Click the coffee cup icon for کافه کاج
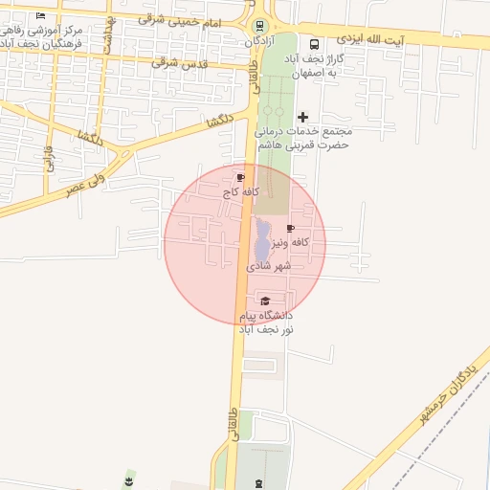(x=239, y=177)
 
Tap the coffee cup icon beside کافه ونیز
(x=290, y=228)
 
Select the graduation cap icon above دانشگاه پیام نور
(x=265, y=301)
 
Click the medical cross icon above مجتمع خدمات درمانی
(x=304, y=116)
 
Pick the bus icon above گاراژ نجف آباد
(x=315, y=44)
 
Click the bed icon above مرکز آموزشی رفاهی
(x=39, y=16)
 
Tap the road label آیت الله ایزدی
(x=370, y=40)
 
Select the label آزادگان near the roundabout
(x=258, y=42)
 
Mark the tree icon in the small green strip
(x=130, y=477)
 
